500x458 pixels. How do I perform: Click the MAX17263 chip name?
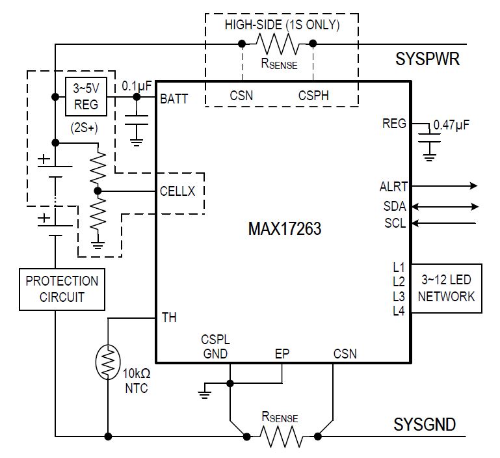[284, 230]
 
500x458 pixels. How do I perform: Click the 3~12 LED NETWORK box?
[446, 288]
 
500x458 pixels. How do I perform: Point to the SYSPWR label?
[427, 60]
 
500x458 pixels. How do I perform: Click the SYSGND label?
[425, 425]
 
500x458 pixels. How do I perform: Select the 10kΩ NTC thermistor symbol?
[107, 360]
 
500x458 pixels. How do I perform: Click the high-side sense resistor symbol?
[277, 44]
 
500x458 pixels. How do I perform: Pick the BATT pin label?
[174, 99]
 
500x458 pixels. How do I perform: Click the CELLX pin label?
[177, 191]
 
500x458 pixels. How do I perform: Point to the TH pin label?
[168, 317]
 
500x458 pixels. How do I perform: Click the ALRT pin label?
[393, 187]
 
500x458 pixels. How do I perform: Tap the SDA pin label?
[395, 206]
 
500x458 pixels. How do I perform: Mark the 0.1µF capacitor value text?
[137, 85]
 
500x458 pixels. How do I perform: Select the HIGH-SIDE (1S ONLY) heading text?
[282, 25]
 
